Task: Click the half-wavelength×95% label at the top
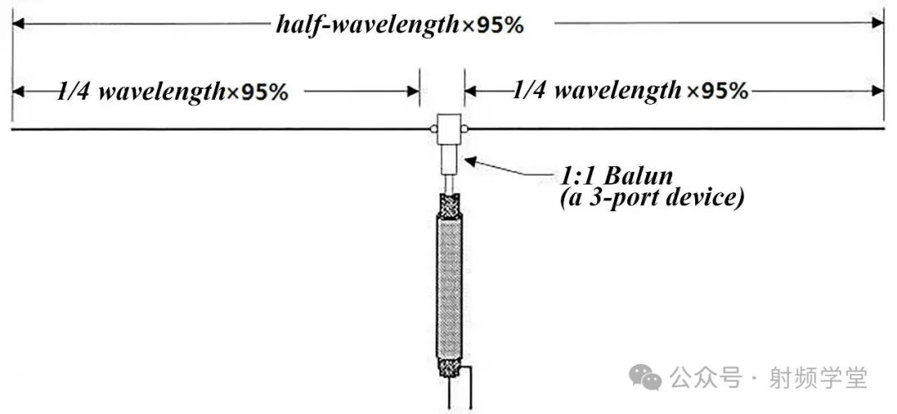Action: [399, 25]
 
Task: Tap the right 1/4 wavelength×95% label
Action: [630, 89]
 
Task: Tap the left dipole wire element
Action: [216, 130]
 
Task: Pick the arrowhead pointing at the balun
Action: [470, 160]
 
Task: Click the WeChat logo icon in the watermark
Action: [645, 378]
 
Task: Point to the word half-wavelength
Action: [368, 25]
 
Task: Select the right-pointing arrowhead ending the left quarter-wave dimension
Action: [412, 91]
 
